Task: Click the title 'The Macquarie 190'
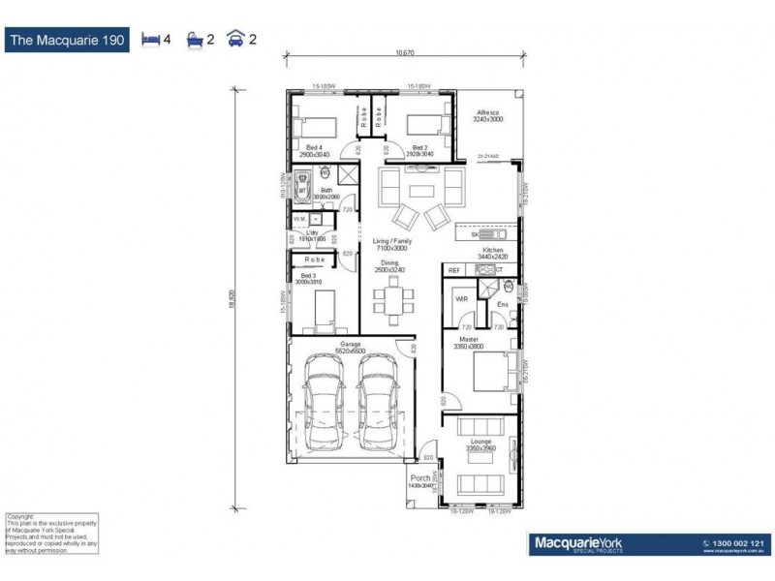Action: coord(67,40)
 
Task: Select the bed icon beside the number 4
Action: coord(151,40)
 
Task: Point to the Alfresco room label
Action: coord(487,112)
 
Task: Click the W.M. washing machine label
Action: coord(299,220)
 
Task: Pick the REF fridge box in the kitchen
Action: coord(454,271)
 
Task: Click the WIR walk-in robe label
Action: coord(461,300)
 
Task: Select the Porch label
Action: coord(420,477)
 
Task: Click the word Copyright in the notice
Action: coord(20,516)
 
